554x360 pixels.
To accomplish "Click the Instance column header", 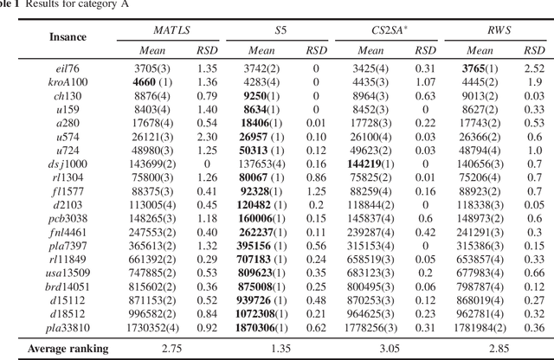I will pos(68,39).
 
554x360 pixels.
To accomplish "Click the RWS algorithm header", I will pos(499,30).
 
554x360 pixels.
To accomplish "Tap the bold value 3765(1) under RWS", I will pos(480,67).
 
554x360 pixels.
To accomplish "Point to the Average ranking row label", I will pos(68,349).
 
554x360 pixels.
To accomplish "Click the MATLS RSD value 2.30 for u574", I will pos(206,136).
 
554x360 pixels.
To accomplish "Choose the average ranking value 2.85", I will pos(499,349).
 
